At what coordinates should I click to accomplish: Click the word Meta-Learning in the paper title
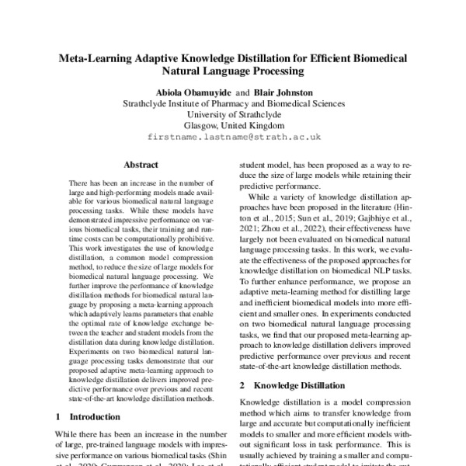tap(99, 58)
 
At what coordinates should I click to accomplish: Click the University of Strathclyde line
tap(233, 113)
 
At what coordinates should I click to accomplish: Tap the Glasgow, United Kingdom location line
tap(233, 124)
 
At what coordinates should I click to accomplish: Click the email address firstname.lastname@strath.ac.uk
tap(233, 136)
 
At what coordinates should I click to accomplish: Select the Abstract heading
tap(141, 165)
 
